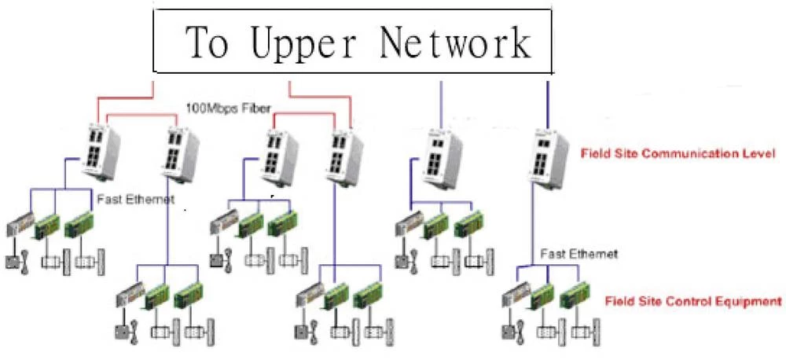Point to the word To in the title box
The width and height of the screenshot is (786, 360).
click(207, 44)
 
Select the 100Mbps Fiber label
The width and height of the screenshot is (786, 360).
click(223, 107)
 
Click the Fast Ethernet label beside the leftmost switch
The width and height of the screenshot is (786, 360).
click(135, 200)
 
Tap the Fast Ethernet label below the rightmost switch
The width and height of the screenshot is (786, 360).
click(580, 254)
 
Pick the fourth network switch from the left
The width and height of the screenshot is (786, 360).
click(341, 157)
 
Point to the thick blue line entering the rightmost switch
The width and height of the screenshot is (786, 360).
click(547, 102)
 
